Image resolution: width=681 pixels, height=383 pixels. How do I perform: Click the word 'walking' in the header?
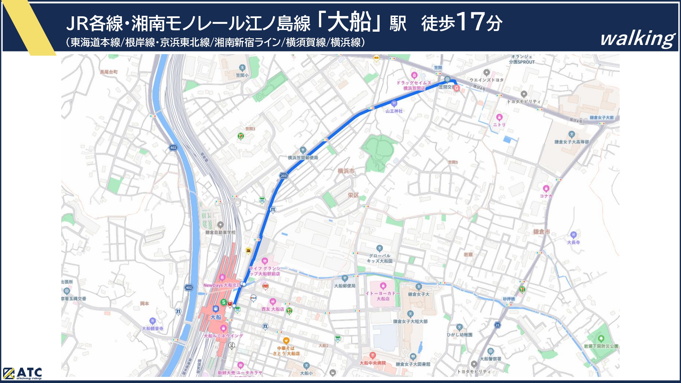(637, 38)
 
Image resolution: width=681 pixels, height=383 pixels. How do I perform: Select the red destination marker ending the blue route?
(456, 88)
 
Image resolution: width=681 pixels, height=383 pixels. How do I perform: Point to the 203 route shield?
(284, 176)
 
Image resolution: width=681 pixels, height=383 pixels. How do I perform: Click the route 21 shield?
(497, 325)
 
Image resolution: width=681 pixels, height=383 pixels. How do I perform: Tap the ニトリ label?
(499, 125)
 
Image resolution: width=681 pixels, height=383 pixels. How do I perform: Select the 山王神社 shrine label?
(394, 111)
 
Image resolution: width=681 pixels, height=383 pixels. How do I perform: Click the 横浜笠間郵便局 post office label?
(303, 158)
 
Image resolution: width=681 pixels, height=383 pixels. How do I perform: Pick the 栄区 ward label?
(353, 195)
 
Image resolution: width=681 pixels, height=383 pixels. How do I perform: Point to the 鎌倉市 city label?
(541, 232)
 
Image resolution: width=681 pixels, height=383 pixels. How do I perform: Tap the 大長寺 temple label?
(573, 242)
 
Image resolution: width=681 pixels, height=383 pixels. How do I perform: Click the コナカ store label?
(546, 196)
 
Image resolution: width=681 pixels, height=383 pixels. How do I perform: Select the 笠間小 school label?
(242, 75)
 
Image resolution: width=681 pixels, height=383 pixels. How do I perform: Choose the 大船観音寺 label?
(153, 329)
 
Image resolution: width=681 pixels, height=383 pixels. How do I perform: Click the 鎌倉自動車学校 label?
(220, 232)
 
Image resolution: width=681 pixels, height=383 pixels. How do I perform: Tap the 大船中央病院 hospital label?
(373, 363)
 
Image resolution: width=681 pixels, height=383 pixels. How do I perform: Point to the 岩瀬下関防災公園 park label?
(601, 346)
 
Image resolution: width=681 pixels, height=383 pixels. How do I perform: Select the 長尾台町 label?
(109, 72)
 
